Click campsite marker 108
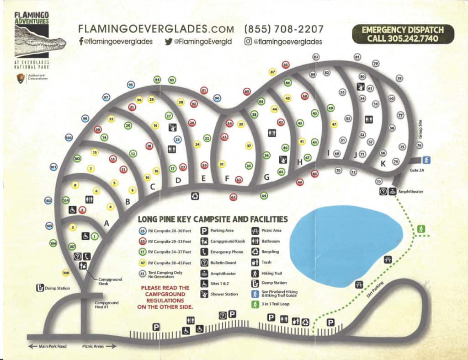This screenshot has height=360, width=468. (x=66, y=273)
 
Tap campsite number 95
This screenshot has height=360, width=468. (x=131, y=85)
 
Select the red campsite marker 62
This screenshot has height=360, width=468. (x=234, y=197)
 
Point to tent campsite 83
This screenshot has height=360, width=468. (x=316, y=57)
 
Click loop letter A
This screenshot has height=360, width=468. (x=107, y=224)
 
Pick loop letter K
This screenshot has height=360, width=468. (x=383, y=163)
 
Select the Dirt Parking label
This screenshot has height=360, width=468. (x=376, y=290)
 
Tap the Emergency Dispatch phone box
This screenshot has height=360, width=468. (x=404, y=34)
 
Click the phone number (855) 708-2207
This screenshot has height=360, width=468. (x=284, y=29)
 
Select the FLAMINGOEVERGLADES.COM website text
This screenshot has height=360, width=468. (x=157, y=29)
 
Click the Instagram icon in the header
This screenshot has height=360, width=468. (x=248, y=42)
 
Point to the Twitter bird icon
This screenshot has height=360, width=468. (x=168, y=42)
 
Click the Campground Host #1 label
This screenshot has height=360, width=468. (x=106, y=305)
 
